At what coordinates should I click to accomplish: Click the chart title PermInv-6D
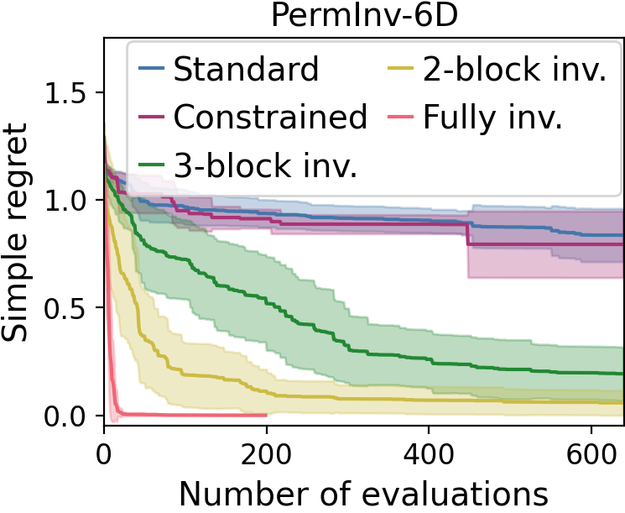point(364,16)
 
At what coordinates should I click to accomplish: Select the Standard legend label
point(247,70)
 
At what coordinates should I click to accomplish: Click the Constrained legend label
point(270,118)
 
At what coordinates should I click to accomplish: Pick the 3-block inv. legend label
point(266,165)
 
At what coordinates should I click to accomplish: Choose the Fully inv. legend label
point(492,118)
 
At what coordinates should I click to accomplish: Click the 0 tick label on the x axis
point(104,448)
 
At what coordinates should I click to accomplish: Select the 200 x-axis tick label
point(266,448)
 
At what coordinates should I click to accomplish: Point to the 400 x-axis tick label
point(429,448)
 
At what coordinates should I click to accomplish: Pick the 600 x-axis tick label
point(591,448)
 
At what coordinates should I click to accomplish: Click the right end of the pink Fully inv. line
point(266,414)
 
